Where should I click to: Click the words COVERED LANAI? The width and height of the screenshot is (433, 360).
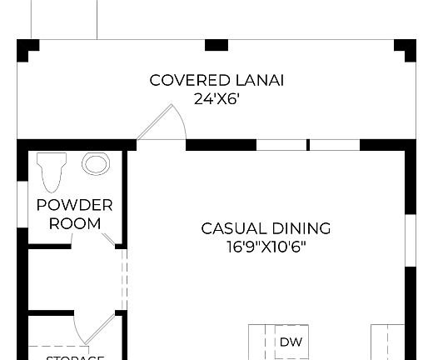click(x=216, y=81)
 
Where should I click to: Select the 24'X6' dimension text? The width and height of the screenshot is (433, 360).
click(x=216, y=98)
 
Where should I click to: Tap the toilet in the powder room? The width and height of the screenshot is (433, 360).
click(x=52, y=172)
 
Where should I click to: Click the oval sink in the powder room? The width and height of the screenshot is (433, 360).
click(x=96, y=163)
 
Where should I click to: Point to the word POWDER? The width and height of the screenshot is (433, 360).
click(x=75, y=205)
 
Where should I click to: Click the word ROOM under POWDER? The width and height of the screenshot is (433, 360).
click(x=75, y=223)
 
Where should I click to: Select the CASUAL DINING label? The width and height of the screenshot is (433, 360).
click(x=266, y=228)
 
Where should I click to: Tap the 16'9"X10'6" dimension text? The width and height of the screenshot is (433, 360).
click(x=266, y=247)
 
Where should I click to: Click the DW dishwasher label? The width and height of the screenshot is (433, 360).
click(x=291, y=342)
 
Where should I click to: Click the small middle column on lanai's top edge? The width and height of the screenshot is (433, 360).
click(x=216, y=45)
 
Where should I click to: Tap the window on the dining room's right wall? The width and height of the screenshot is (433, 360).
click(x=410, y=241)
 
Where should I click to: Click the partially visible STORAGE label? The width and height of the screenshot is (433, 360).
click(x=75, y=357)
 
